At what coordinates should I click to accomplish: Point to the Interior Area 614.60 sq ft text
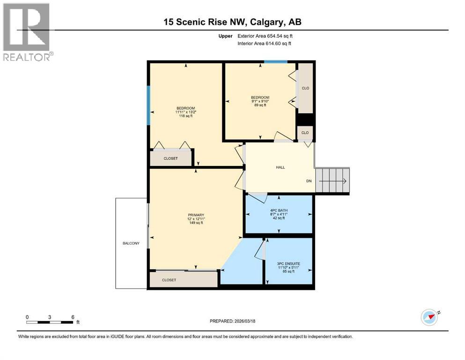[x=265, y=44]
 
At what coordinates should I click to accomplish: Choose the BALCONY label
[x=131, y=243]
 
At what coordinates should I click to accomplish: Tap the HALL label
[x=280, y=167]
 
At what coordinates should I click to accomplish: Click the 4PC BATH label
[x=278, y=214]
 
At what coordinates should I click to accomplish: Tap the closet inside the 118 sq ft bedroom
[x=171, y=158]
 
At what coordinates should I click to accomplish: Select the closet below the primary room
[x=183, y=279]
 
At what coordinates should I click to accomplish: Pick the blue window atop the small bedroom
[x=275, y=62]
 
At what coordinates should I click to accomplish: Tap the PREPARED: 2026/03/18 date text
[x=232, y=321]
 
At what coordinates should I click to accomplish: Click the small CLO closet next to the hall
[x=305, y=133]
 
